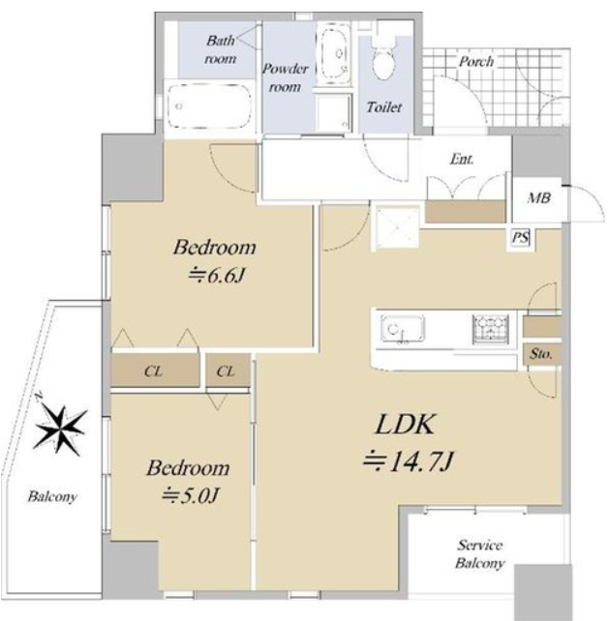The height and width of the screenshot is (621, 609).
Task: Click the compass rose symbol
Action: point(60,428)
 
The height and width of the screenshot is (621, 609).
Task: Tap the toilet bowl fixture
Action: point(384,59)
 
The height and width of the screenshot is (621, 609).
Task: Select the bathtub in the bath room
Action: point(209,105)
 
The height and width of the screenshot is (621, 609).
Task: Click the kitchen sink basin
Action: point(402,328)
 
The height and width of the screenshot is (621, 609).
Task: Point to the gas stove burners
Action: point(491,328)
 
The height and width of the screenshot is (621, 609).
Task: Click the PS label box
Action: point(520,238)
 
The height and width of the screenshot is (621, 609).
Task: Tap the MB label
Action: point(539,197)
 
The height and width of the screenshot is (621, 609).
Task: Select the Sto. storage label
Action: point(540,353)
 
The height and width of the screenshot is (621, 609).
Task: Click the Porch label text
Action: point(476,61)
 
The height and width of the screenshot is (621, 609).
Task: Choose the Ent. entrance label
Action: point(462,160)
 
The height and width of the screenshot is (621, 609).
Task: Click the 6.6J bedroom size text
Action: point(216,276)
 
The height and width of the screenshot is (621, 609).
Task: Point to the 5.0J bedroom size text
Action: point(191,495)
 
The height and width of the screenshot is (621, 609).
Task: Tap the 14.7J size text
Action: point(409,461)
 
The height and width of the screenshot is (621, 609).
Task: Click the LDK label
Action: point(405,425)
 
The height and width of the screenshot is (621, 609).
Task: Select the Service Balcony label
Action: point(480,554)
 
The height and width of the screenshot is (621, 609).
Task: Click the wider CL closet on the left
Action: point(155,371)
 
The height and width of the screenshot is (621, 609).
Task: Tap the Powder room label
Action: point(285,77)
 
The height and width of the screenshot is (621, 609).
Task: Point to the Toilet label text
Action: point(383,107)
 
